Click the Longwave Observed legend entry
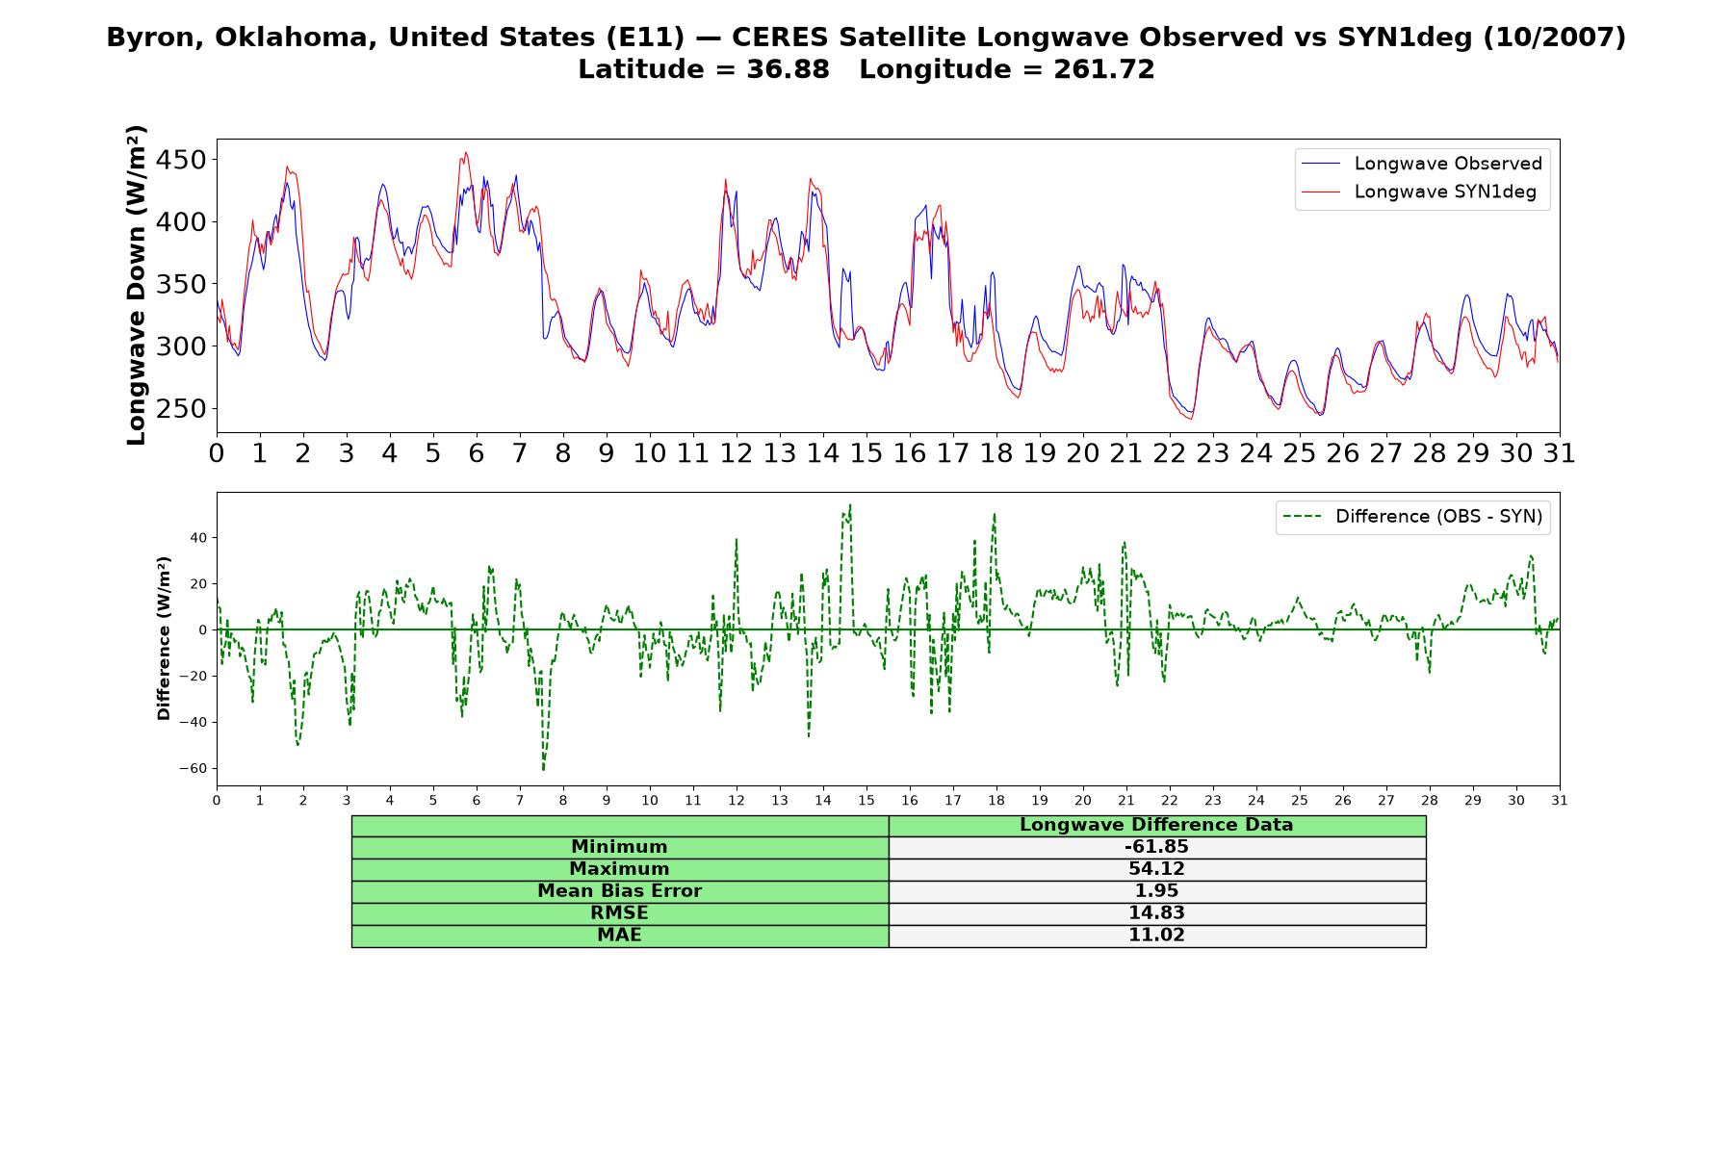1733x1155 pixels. point(1421,164)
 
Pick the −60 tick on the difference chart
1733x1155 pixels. point(193,768)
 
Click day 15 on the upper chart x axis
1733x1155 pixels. point(866,453)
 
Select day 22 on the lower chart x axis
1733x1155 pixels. point(1169,800)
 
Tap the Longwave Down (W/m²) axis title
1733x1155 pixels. point(136,285)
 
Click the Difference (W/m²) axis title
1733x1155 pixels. point(164,638)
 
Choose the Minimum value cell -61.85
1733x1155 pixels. point(1156,847)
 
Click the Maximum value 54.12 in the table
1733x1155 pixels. point(1156,869)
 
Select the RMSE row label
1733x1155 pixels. point(619,913)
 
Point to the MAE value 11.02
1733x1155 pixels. point(1156,936)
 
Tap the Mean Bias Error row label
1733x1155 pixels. point(619,891)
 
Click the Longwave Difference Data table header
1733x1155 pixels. point(1156,825)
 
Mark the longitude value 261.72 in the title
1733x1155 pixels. point(1104,69)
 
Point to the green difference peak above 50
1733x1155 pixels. point(849,505)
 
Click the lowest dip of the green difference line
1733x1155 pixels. point(543,770)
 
